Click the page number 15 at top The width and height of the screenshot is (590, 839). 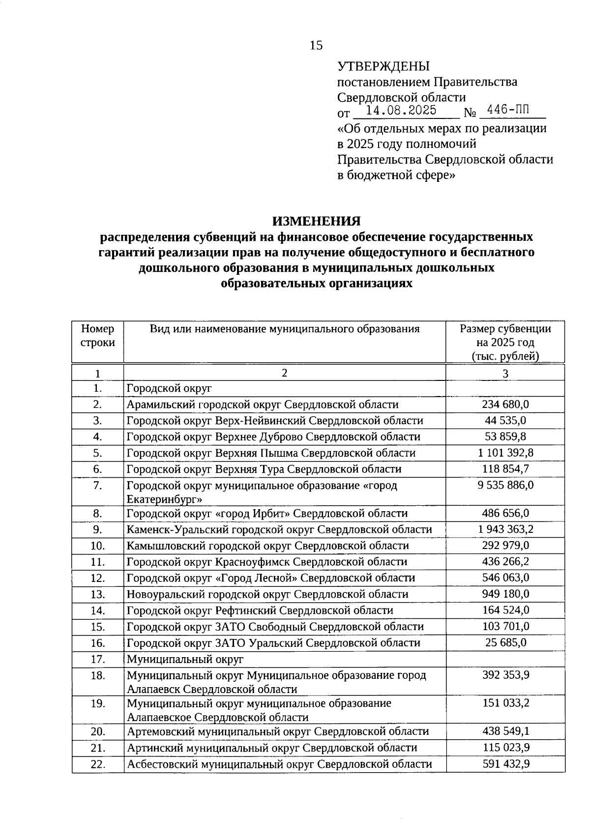pos(316,46)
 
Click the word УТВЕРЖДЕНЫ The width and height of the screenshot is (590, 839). pos(383,66)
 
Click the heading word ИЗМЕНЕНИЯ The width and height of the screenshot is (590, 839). pos(317,221)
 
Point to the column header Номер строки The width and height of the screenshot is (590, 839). pos(98,336)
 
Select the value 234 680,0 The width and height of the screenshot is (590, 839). pos(505,405)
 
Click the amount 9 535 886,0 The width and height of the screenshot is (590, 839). pos(505,486)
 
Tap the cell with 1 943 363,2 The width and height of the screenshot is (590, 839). pos(505,529)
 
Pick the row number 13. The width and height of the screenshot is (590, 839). pos(98,594)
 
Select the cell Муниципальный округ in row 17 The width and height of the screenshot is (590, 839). pos(185,659)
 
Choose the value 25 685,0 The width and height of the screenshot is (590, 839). pos(505,642)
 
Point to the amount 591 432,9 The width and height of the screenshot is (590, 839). pos(505,764)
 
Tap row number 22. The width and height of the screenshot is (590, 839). pos(98,764)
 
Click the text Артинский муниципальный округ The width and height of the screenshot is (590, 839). pos(213,748)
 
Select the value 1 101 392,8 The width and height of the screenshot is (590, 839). pos(505,453)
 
